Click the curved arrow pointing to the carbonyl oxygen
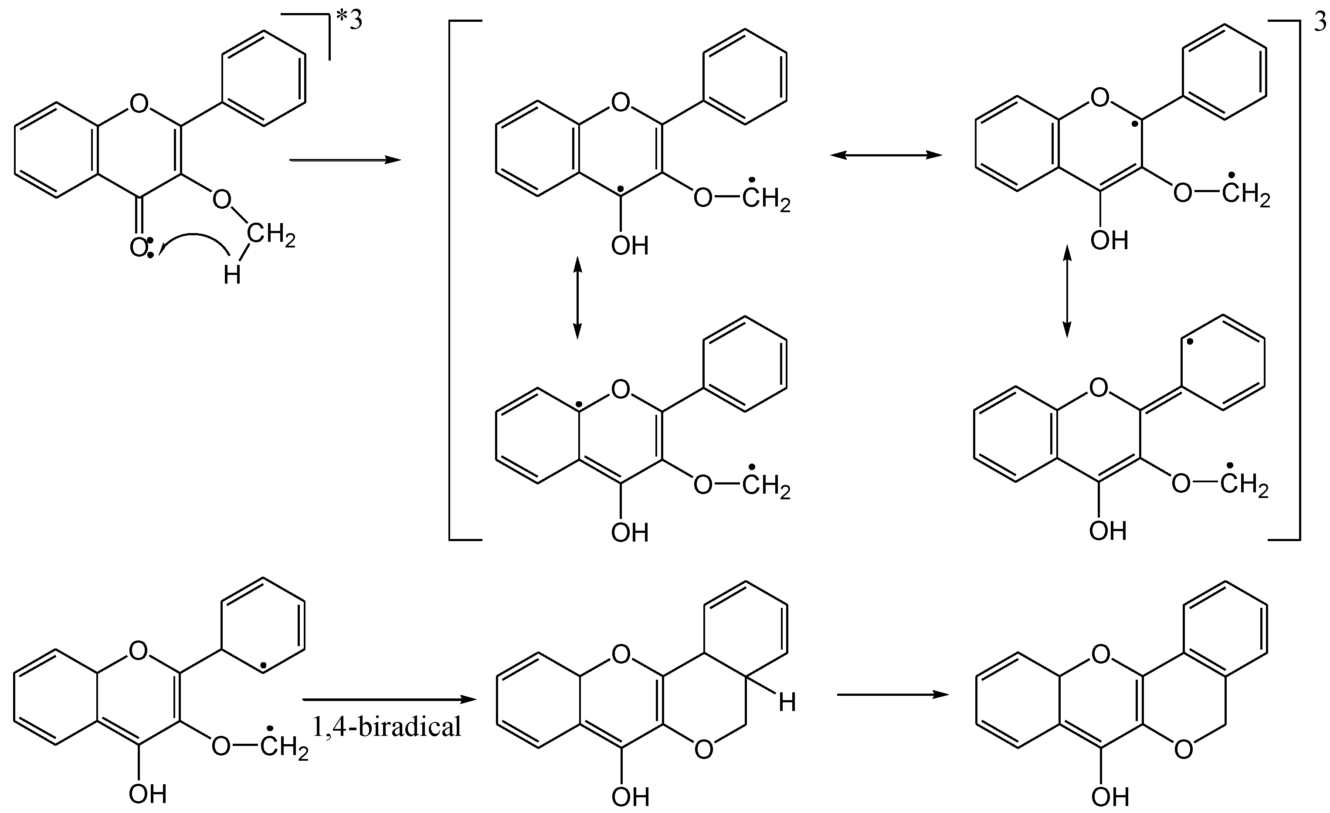194,244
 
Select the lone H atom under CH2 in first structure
232,276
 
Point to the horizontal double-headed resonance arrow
886,156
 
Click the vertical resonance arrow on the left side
577,298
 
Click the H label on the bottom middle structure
787,703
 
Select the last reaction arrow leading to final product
893,695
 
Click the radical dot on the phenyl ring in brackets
1190,341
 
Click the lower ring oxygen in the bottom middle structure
704,749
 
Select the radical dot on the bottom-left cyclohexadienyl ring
263,666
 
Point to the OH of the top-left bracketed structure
629,246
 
